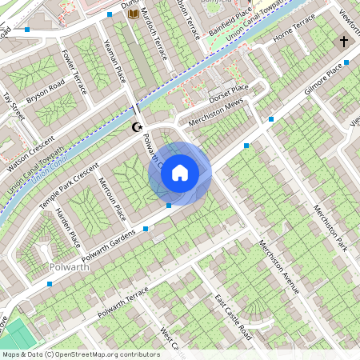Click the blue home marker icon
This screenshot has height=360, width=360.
coord(180,173)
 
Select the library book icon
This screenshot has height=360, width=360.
coord(133,14)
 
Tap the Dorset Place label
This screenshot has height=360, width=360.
coord(229,94)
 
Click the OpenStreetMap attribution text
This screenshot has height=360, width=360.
coord(80,354)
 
